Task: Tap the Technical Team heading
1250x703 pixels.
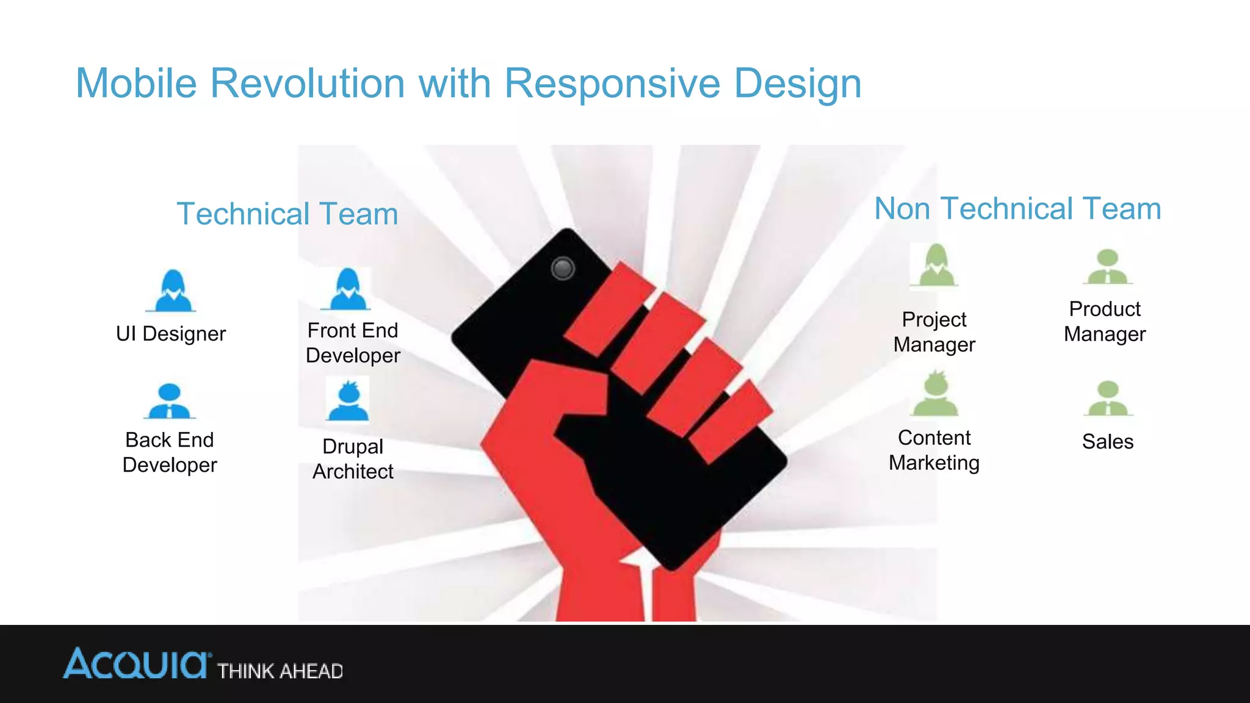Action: [287, 214]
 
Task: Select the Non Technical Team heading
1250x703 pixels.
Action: [1017, 209]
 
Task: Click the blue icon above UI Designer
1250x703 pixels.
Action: [172, 291]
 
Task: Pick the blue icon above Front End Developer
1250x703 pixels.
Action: [347, 289]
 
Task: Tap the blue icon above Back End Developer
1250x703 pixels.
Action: [169, 401]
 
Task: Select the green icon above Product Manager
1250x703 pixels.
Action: [1107, 267]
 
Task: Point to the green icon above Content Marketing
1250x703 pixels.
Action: [934, 395]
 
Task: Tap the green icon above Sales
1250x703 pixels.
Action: [1108, 398]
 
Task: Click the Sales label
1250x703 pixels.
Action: [1107, 441]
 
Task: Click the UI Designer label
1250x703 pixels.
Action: [171, 334]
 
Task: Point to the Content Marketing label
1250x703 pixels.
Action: [934, 450]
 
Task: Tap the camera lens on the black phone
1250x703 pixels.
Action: [562, 268]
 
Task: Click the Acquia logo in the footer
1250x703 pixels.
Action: [137, 664]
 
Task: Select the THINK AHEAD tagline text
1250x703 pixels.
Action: [280, 671]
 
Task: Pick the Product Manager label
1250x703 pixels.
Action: [1105, 322]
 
